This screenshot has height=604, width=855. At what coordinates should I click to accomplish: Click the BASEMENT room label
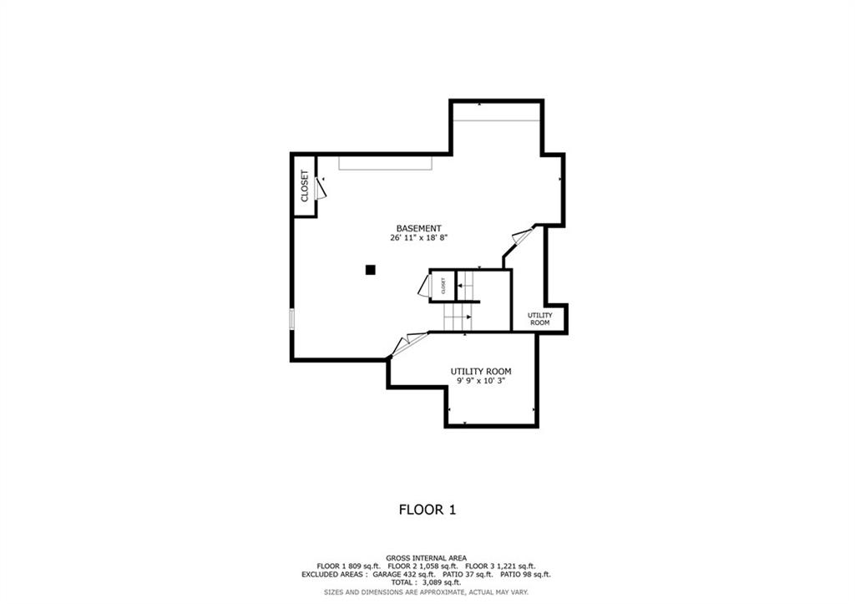[418, 229]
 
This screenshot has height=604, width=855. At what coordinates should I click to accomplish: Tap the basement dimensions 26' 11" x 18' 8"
[418, 238]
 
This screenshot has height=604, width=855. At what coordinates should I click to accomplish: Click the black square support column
[370, 270]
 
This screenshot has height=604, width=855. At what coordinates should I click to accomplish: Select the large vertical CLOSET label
[304, 186]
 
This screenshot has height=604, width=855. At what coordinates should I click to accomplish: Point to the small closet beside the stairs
[443, 286]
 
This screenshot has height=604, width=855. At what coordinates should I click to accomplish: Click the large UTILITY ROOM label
[481, 372]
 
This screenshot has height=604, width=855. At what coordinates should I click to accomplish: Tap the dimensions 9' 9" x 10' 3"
[481, 381]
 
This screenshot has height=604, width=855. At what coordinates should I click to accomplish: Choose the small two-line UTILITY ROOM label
[540, 318]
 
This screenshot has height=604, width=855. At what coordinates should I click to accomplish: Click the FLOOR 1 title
[427, 510]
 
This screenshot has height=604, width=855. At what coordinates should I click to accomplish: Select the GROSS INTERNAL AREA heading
[427, 558]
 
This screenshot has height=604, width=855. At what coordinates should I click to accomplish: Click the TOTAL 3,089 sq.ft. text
[426, 583]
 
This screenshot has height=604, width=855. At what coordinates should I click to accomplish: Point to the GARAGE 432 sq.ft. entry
[404, 575]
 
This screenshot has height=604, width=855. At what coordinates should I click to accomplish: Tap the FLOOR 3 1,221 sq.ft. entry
[500, 566]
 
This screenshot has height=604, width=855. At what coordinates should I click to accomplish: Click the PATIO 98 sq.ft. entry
[525, 575]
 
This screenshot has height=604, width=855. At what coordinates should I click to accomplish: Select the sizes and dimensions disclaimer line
[426, 592]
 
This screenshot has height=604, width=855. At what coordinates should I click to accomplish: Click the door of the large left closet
[321, 187]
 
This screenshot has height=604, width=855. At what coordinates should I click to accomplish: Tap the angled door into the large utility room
[409, 343]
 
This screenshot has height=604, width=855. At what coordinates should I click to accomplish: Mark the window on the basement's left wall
[291, 319]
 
